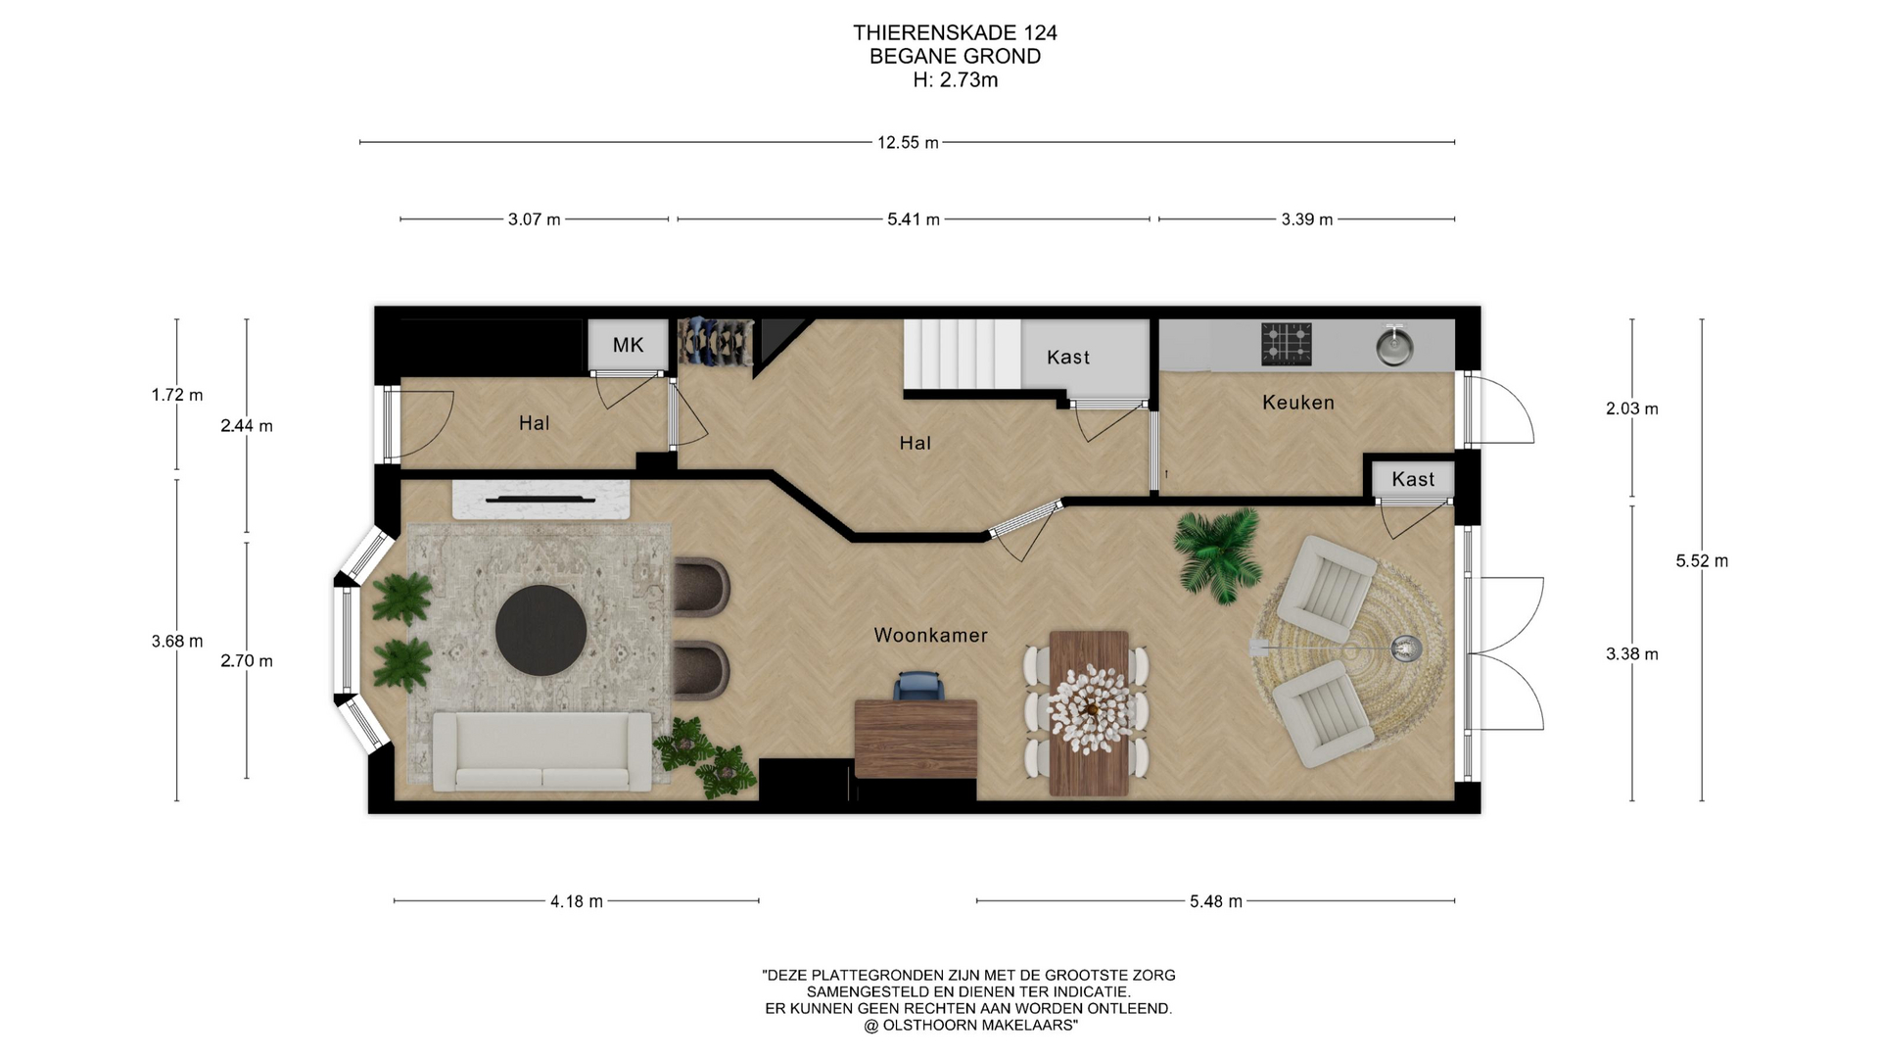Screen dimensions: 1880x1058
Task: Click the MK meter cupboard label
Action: pyautogui.click(x=628, y=345)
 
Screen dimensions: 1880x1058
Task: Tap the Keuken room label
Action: pyautogui.click(x=1298, y=403)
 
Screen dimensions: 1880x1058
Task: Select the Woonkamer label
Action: pyautogui.click(x=930, y=636)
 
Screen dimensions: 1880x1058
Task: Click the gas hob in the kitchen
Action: pyautogui.click(x=1286, y=344)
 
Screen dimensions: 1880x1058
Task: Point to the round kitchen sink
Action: pyautogui.click(x=1394, y=345)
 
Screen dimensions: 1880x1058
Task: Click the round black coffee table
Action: pyautogui.click(x=540, y=631)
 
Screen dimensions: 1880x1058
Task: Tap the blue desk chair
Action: pyautogui.click(x=919, y=686)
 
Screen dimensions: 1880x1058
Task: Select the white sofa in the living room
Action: pyautogui.click(x=541, y=751)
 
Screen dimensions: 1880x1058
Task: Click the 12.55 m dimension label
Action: pyautogui.click(x=908, y=143)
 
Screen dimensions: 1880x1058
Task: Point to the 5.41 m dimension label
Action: pyautogui.click(x=914, y=219)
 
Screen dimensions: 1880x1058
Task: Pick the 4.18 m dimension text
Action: pyautogui.click(x=577, y=901)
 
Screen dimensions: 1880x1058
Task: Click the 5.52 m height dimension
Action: pyautogui.click(x=1702, y=561)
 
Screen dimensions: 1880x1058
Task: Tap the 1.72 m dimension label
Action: pyautogui.click(x=177, y=396)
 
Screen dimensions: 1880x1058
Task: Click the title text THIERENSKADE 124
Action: pyautogui.click(x=955, y=33)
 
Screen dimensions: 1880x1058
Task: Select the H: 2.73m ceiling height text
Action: pyautogui.click(x=955, y=80)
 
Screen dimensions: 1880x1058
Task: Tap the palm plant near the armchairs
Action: pyautogui.click(x=1217, y=554)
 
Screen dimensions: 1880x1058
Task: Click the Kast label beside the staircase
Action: pyautogui.click(x=1068, y=358)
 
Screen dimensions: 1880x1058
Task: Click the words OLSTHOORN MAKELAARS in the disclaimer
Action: pyautogui.click(x=979, y=1026)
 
